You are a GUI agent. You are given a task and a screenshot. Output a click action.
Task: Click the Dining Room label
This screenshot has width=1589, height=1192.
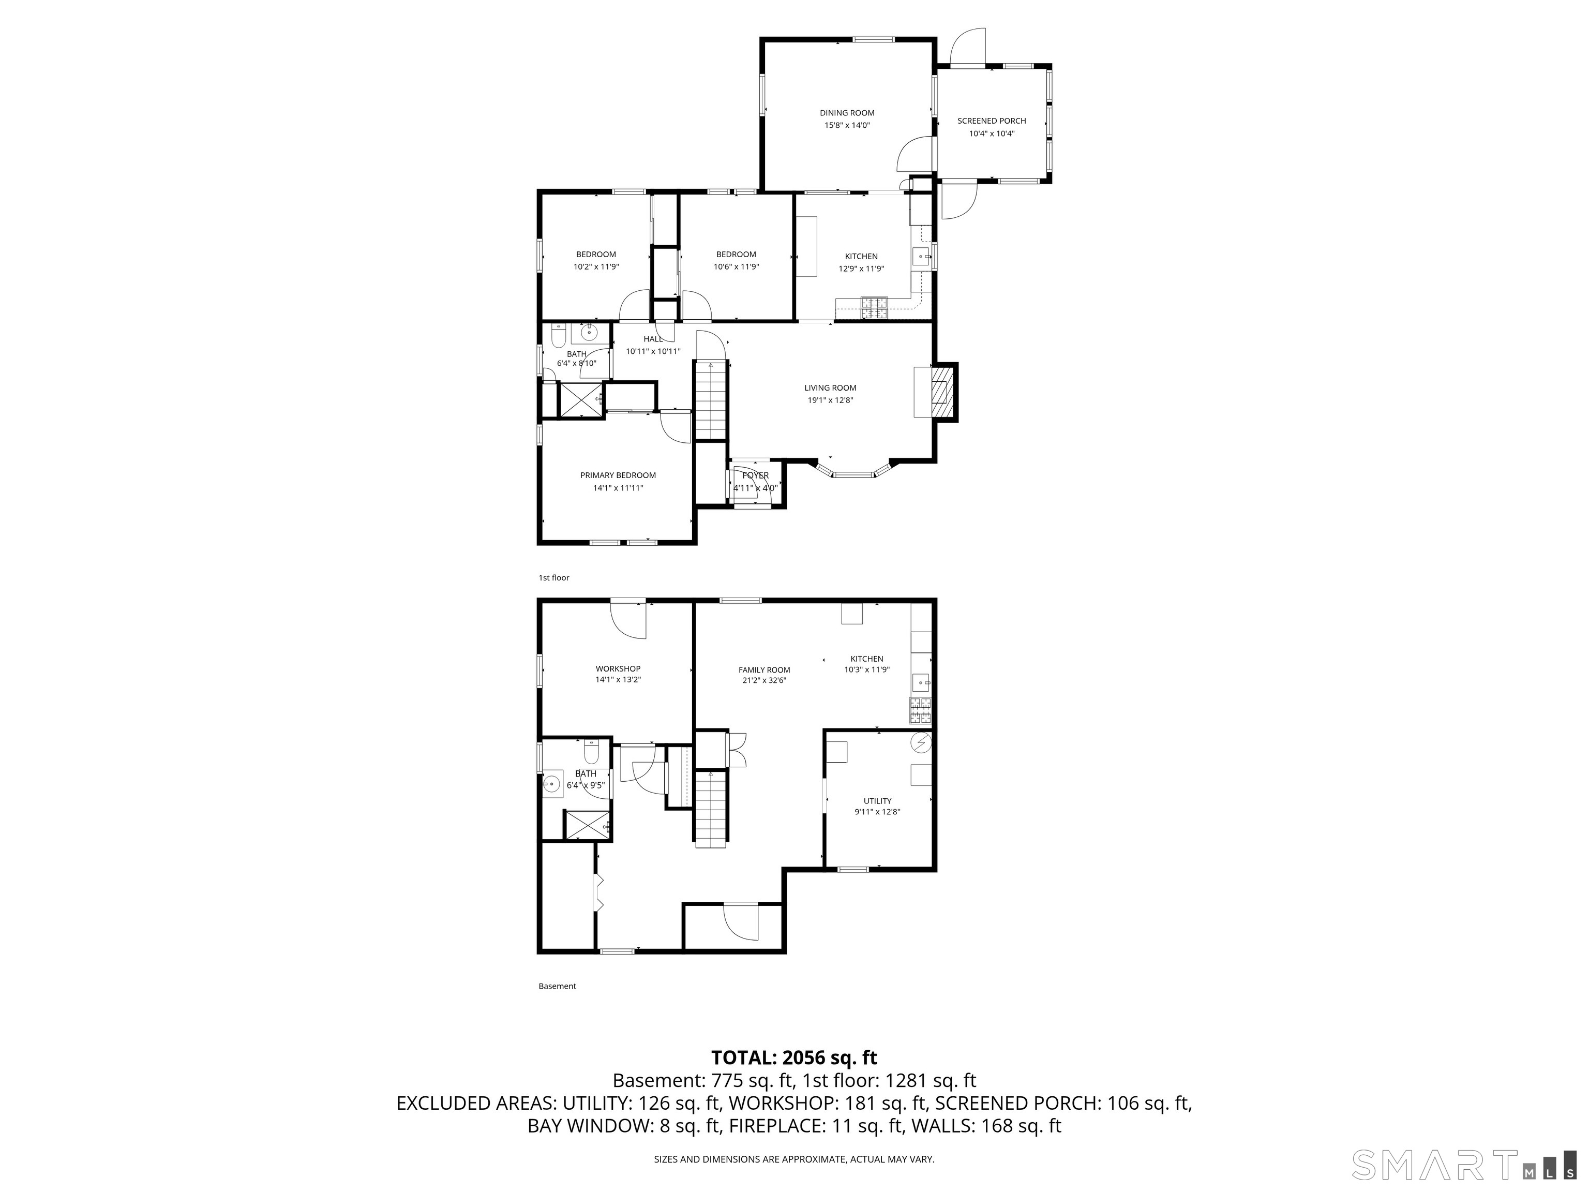[847, 113]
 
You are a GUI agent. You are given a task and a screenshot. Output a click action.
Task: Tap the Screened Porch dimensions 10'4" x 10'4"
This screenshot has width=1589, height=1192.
[992, 133]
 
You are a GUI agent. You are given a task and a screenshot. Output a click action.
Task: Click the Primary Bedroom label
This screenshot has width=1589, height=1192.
[618, 475]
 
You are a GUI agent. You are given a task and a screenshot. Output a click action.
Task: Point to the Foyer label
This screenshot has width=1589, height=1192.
[755, 475]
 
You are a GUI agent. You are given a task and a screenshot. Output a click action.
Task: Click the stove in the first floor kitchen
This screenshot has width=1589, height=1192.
[874, 307]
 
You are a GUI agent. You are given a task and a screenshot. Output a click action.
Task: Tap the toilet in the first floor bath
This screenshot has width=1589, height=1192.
[558, 336]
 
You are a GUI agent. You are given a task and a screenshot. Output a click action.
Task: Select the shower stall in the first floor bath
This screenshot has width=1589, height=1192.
[578, 400]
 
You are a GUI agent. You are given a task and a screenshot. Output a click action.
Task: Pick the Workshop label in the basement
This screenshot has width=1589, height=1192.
[618, 669]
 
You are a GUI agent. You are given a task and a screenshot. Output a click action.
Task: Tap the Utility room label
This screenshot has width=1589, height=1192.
[877, 800]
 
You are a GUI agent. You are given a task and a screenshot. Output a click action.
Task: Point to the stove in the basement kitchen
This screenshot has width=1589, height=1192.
[920, 711]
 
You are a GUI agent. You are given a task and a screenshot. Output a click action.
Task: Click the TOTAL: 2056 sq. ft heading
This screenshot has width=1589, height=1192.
[794, 1057]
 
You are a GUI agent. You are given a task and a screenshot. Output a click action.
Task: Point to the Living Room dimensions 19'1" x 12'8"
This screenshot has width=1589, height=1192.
[830, 400]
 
